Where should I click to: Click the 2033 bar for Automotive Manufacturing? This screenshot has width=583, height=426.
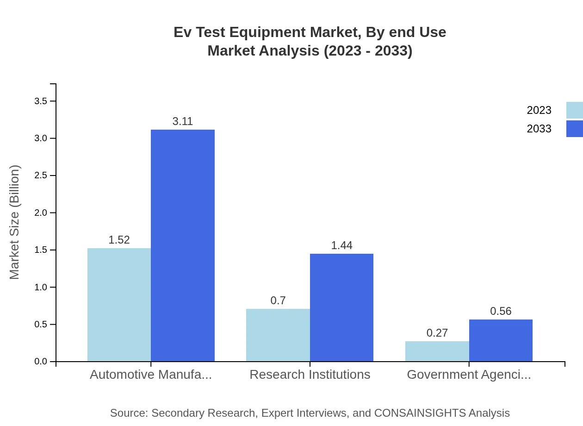click(183, 245)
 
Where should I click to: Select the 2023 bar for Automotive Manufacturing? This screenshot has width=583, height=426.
click(119, 305)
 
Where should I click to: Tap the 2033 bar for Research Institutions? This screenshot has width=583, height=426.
click(341, 307)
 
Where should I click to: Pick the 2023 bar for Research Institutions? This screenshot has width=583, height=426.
click(278, 335)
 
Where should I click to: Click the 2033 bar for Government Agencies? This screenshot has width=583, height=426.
click(501, 340)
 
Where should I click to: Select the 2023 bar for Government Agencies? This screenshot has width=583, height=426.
click(437, 351)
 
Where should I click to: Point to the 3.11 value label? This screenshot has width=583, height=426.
click(182, 121)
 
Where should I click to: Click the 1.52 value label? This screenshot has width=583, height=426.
click(119, 240)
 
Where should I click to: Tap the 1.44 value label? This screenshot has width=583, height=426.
click(341, 245)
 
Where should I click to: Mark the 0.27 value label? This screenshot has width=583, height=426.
click(437, 333)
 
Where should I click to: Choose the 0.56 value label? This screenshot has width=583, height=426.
click(501, 311)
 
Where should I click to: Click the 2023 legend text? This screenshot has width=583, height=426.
click(539, 110)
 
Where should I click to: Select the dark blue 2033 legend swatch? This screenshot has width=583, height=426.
click(574, 129)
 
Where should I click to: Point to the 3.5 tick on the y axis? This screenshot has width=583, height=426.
click(41, 101)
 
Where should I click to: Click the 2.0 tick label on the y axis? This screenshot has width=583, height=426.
click(41, 213)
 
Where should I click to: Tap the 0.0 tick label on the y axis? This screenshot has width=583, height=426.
click(41, 362)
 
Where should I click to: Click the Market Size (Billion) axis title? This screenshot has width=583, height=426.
click(14, 222)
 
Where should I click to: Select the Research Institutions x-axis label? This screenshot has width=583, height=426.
click(310, 374)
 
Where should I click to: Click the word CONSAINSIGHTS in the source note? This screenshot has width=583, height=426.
click(420, 413)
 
